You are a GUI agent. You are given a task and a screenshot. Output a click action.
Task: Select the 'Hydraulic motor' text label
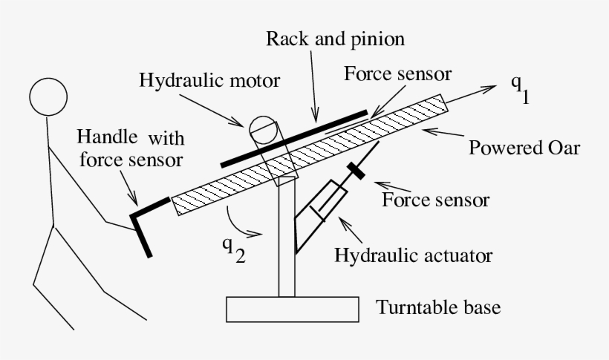pos(209,80)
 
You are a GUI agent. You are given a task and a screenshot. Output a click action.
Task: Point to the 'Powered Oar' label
pos(524,147)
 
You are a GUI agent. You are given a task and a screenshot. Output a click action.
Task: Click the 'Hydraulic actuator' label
pos(414,256)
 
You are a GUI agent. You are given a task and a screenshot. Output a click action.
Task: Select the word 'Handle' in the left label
pos(108,137)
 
